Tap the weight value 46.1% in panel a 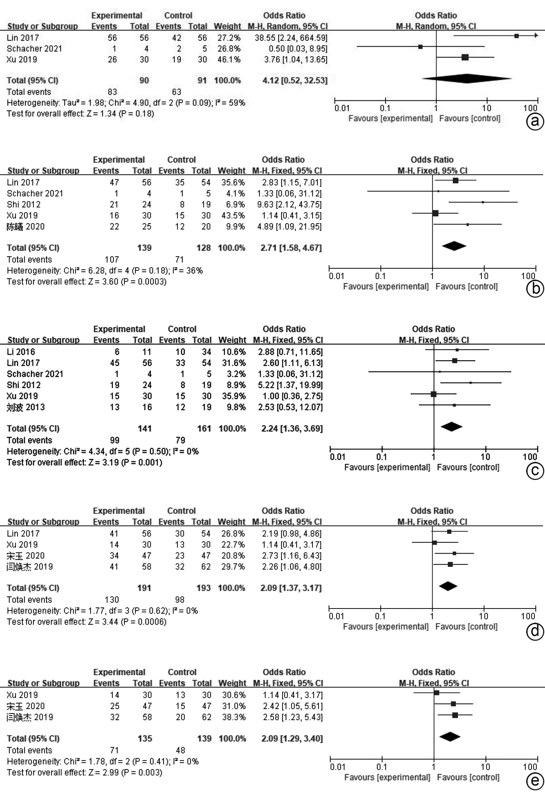tap(229, 60)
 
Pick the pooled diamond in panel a tap(467, 79)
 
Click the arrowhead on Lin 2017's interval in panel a tap(536, 35)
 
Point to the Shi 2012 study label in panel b tap(23, 205)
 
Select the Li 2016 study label tap(21, 352)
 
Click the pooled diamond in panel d tap(448, 586)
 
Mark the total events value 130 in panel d tap(112, 600)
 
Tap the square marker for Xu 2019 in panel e tap(437, 693)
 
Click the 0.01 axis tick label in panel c tap(337, 457)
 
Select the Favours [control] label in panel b tap(467, 286)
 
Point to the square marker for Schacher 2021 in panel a tap(420, 46)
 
